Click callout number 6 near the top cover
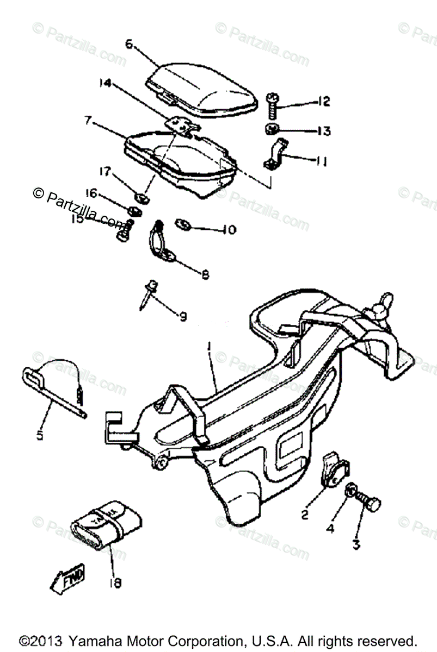pyautogui.click(x=128, y=45)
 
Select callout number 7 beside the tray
pyautogui.click(x=87, y=121)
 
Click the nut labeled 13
pyautogui.click(x=272, y=130)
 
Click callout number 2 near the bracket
pyautogui.click(x=305, y=513)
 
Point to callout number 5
pyautogui.click(x=39, y=435)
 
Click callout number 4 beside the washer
pyautogui.click(x=331, y=527)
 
